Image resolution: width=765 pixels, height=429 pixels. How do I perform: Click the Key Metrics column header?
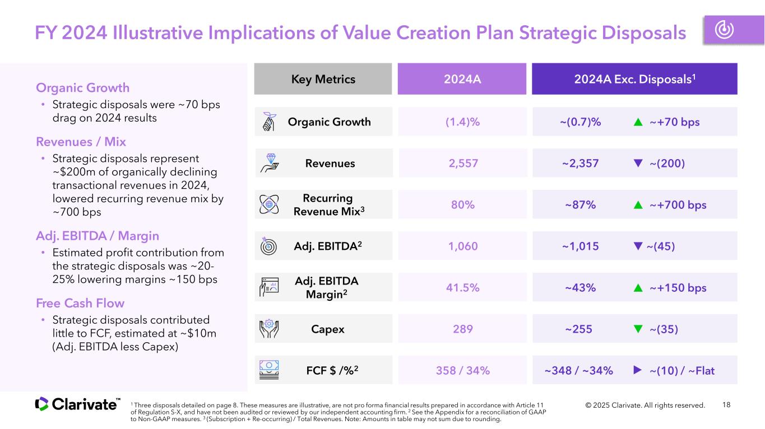[x=323, y=79]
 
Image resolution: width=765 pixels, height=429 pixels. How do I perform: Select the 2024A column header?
[x=462, y=79]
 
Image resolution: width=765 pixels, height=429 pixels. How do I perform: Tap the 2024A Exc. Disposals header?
[x=634, y=79]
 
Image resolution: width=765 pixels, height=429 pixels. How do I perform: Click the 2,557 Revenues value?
[x=463, y=163]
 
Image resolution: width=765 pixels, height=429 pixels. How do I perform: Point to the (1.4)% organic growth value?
[x=462, y=122]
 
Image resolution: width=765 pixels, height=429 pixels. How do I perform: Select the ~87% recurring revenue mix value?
[x=580, y=205]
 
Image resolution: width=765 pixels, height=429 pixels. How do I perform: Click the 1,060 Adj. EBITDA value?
[x=463, y=246]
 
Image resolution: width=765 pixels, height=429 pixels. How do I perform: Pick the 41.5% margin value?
[x=463, y=288]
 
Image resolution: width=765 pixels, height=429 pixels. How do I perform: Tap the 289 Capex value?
[x=463, y=329]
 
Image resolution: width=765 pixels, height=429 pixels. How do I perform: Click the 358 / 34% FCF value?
[x=463, y=370]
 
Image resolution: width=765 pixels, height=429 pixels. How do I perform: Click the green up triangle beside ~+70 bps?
[x=638, y=122]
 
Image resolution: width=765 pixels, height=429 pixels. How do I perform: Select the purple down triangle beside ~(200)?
[x=638, y=163]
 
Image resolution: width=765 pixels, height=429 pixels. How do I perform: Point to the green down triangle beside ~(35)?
[x=638, y=329]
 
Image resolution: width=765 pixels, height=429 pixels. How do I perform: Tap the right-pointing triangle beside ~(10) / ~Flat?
[x=637, y=370]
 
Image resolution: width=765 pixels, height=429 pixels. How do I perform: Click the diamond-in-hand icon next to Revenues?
[x=270, y=163]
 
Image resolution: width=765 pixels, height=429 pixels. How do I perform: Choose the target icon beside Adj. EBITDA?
[x=268, y=246]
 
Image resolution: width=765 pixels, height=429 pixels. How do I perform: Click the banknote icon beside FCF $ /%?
[x=269, y=370]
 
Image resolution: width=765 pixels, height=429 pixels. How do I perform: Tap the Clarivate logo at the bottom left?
[x=77, y=404]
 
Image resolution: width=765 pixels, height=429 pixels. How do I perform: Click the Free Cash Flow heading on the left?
[x=80, y=303]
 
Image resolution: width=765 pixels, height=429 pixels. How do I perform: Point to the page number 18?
[x=726, y=405]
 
